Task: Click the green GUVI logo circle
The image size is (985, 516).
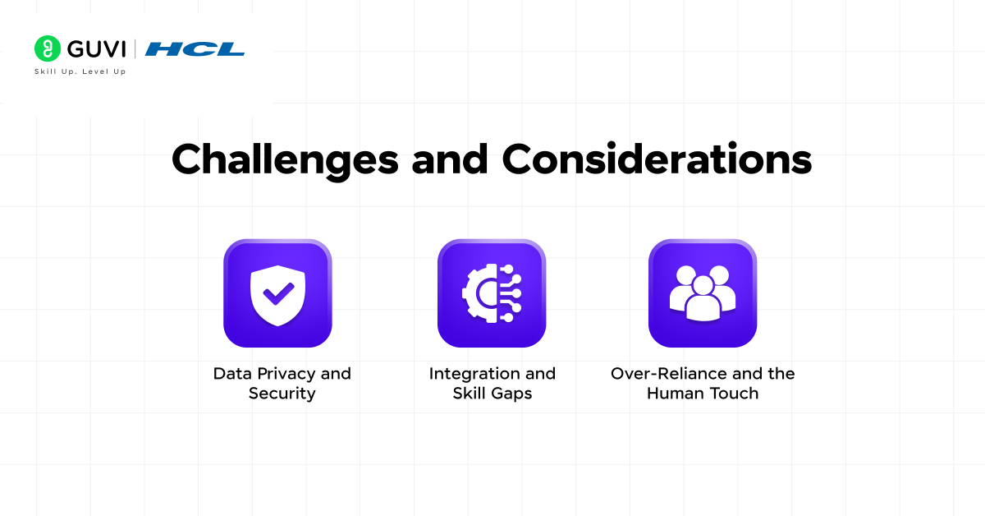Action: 48,48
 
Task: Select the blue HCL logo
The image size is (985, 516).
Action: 195,49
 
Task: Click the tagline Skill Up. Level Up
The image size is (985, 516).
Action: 80,71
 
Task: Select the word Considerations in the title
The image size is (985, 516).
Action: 657,159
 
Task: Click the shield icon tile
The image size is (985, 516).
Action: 277,293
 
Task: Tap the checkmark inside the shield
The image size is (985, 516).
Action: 278,293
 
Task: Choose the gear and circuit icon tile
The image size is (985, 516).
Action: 491,293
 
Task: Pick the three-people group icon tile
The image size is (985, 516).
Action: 703,293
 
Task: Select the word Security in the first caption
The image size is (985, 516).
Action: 282,394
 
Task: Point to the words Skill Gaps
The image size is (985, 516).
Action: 492,394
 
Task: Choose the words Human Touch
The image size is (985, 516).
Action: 703,394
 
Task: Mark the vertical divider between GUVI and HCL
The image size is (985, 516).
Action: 136,49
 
